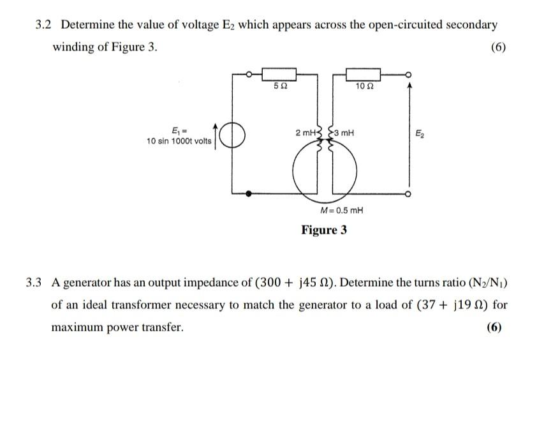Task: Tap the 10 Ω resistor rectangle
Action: pos(364,75)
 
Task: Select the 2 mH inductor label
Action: pos(305,133)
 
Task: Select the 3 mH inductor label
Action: pos(343,133)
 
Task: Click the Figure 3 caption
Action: pos(324,230)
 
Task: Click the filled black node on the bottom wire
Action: pos(249,192)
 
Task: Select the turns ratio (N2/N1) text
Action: pos(487,283)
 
